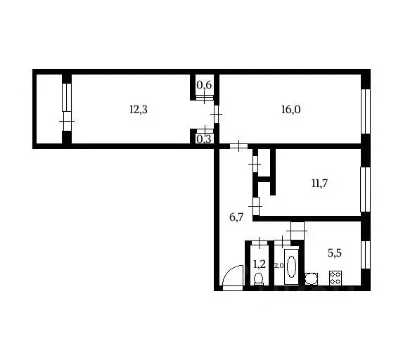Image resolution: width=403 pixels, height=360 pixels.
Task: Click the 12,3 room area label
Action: click(137, 109)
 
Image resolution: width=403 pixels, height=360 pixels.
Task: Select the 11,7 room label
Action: click(320, 184)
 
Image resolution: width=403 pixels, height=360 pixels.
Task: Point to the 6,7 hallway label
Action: click(236, 217)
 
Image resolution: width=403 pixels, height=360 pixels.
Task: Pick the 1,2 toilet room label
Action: click(258, 264)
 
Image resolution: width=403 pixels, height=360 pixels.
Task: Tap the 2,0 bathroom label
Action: click(278, 265)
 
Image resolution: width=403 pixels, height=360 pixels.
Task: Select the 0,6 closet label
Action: click(205, 86)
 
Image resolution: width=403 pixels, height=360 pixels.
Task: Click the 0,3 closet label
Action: click(204, 139)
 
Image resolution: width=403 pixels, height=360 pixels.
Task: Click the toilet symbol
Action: click(258, 279)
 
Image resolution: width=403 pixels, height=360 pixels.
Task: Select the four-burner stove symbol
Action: click(334, 279)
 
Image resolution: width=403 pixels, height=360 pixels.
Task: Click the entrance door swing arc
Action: click(231, 278)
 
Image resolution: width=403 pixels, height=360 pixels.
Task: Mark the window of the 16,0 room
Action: click(365, 111)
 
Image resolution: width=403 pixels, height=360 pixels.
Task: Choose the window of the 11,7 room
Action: click(365, 188)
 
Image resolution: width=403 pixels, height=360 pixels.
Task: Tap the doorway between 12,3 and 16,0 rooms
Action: click(216, 112)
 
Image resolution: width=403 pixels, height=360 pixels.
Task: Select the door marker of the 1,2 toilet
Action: click(259, 243)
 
